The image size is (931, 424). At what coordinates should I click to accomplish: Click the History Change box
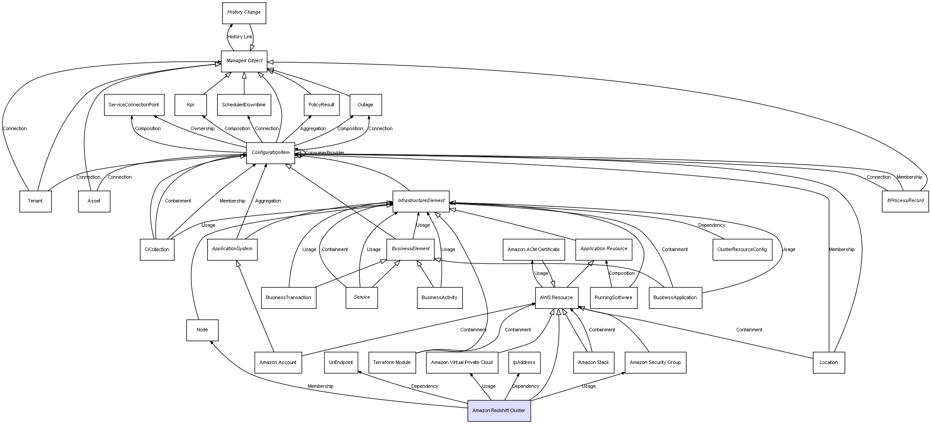tap(244, 12)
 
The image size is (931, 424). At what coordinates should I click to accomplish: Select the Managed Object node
tap(244, 61)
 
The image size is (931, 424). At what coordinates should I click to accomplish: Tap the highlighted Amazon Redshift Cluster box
tap(499, 410)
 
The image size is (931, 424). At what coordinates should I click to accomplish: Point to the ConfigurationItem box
tap(270, 153)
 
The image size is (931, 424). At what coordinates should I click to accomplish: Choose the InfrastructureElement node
tap(421, 201)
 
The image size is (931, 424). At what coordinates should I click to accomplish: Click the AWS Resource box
tap(556, 297)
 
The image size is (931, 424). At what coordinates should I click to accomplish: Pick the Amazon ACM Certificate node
tap(533, 249)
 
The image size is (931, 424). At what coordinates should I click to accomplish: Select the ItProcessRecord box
tap(905, 201)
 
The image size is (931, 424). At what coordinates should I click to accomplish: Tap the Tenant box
tap(35, 201)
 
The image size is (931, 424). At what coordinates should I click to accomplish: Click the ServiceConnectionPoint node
tap(134, 105)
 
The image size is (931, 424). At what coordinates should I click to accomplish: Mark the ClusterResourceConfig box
tap(742, 249)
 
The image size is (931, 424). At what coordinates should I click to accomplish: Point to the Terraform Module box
tap(391, 362)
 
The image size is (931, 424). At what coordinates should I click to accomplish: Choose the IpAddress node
tap(524, 362)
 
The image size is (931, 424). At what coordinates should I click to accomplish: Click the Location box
tap(828, 362)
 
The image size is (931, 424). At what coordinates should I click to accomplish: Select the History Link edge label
tap(240, 37)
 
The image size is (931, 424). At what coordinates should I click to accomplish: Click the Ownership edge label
tap(202, 129)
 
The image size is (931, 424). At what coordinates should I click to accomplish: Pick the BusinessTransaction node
tap(288, 297)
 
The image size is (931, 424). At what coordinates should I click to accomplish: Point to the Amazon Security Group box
tap(655, 362)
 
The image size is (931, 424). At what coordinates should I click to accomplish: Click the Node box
tap(202, 330)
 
